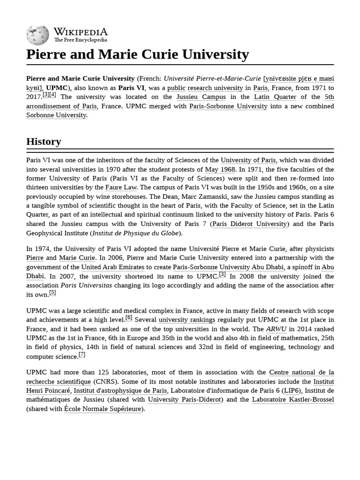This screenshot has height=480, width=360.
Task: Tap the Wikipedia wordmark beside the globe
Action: [x=81, y=32]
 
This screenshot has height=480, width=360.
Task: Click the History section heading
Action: [x=44, y=142]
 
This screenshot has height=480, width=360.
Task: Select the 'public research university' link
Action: [x=205, y=88]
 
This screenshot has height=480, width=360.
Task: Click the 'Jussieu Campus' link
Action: [x=201, y=97]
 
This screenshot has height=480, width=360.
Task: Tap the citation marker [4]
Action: [x=52, y=95]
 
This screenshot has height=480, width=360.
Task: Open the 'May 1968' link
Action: [x=220, y=170]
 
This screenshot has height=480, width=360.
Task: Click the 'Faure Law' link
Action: [x=121, y=187]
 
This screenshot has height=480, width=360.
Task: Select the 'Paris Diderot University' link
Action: [x=249, y=224]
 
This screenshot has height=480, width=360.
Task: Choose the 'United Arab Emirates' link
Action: [x=112, y=267]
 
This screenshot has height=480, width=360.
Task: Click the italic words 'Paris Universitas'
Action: [x=86, y=285]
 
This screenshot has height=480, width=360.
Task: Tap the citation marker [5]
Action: [x=52, y=292]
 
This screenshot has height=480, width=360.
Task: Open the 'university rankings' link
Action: [x=187, y=320]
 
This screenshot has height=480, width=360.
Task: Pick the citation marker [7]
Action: [x=82, y=354]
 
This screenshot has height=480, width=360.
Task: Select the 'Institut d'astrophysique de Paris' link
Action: [x=120, y=390]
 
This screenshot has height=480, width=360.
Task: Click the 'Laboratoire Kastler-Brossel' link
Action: [x=293, y=400]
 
